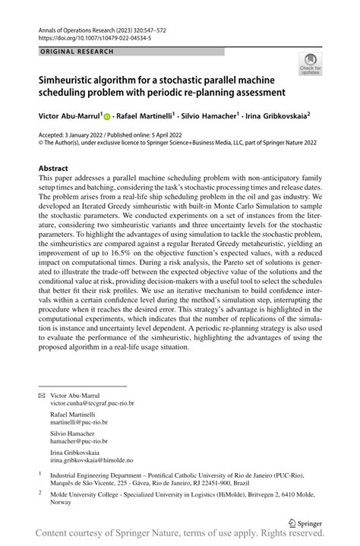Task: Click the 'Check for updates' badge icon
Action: click(310, 64)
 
